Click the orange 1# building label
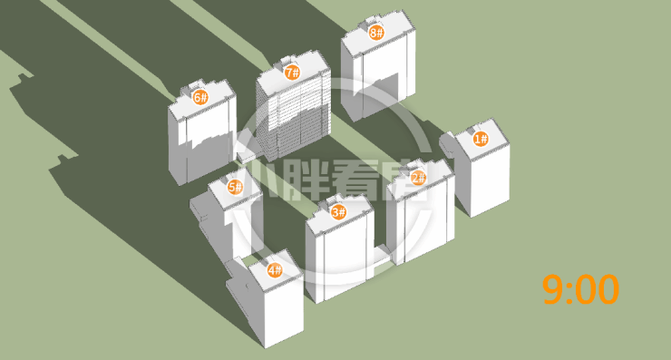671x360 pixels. [481, 139]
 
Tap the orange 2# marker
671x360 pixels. [418, 177]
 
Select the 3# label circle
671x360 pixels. [338, 211]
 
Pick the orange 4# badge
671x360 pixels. [275, 270]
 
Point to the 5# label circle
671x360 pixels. [235, 187]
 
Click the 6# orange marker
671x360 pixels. [199, 98]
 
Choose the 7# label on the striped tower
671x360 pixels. [292, 73]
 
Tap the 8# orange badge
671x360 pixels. [376, 32]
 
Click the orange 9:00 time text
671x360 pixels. [580, 290]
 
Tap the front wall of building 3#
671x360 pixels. [345, 257]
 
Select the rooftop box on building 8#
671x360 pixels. [371, 23]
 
